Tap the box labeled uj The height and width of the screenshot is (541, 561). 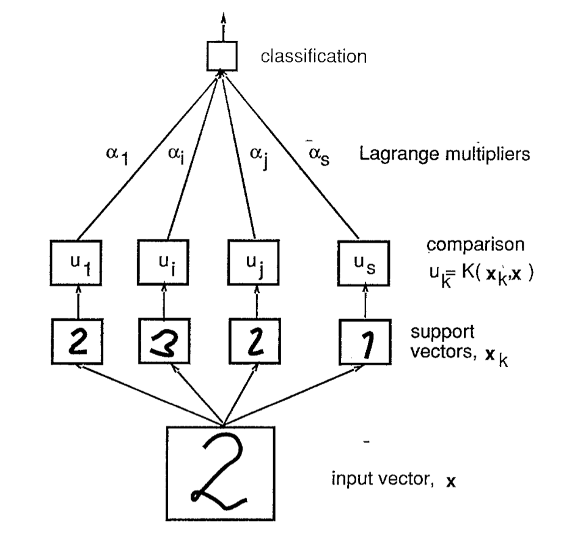[x=252, y=259]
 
